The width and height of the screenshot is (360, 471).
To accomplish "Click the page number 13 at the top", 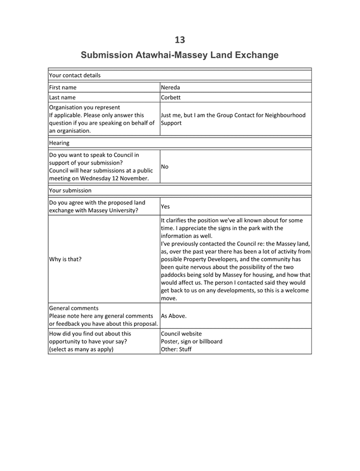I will [180, 40].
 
